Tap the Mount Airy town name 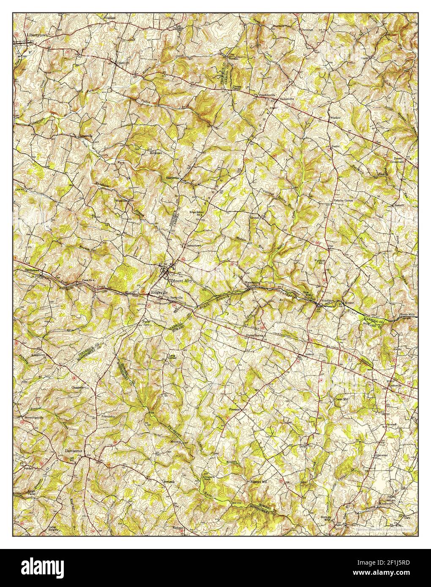181,280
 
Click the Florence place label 234,409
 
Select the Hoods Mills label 406,315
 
